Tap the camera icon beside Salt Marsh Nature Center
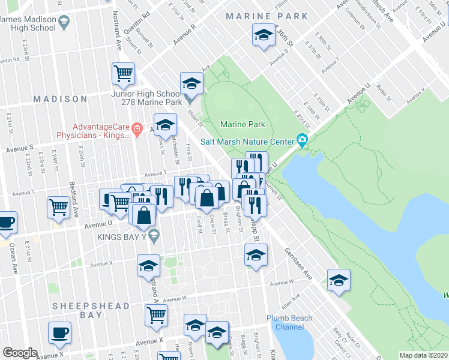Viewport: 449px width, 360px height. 302,142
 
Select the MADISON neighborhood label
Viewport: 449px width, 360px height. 60,98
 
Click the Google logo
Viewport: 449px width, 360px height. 20,353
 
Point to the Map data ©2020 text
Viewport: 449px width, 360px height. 424,355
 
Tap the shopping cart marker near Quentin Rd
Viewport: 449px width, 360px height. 123,73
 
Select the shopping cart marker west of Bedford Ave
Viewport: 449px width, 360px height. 58,207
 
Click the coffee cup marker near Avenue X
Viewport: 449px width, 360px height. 59,332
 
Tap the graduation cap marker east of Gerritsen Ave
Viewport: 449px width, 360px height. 339,280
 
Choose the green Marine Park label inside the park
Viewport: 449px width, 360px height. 243,124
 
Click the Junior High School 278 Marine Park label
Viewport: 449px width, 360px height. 146,98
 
